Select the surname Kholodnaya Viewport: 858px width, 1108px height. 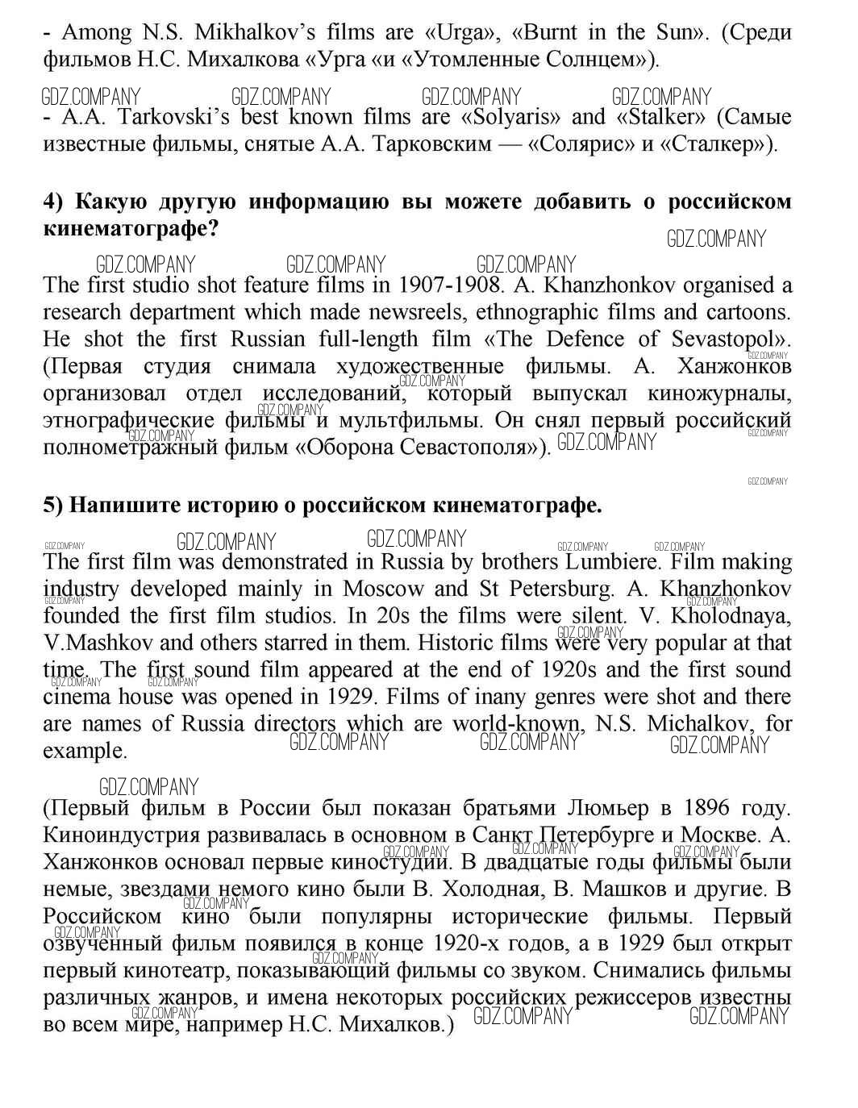point(729,615)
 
